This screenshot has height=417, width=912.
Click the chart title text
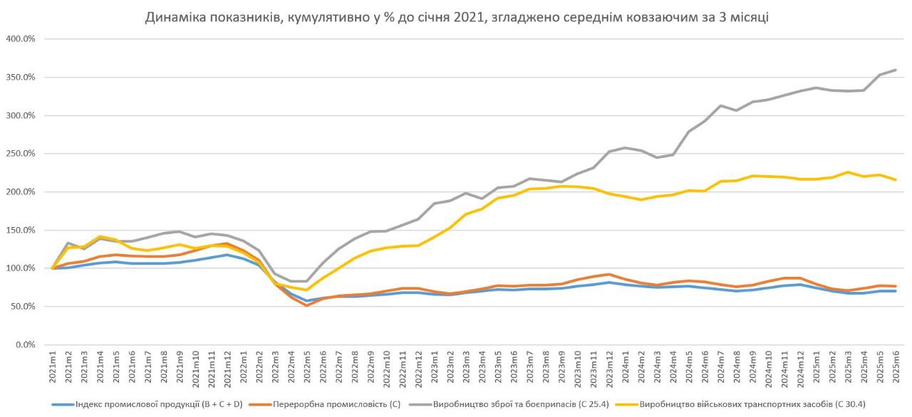(456, 17)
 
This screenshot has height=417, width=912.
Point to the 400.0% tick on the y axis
(21, 38)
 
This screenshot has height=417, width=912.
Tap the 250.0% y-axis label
(21, 154)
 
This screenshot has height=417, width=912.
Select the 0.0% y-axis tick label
(24, 345)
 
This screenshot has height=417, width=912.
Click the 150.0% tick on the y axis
(21, 230)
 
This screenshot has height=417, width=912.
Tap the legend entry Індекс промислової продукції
(157, 404)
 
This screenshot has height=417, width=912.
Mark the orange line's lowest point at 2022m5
(307, 305)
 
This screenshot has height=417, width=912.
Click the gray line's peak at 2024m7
(720, 105)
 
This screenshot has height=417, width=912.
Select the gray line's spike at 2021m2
(68, 243)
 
